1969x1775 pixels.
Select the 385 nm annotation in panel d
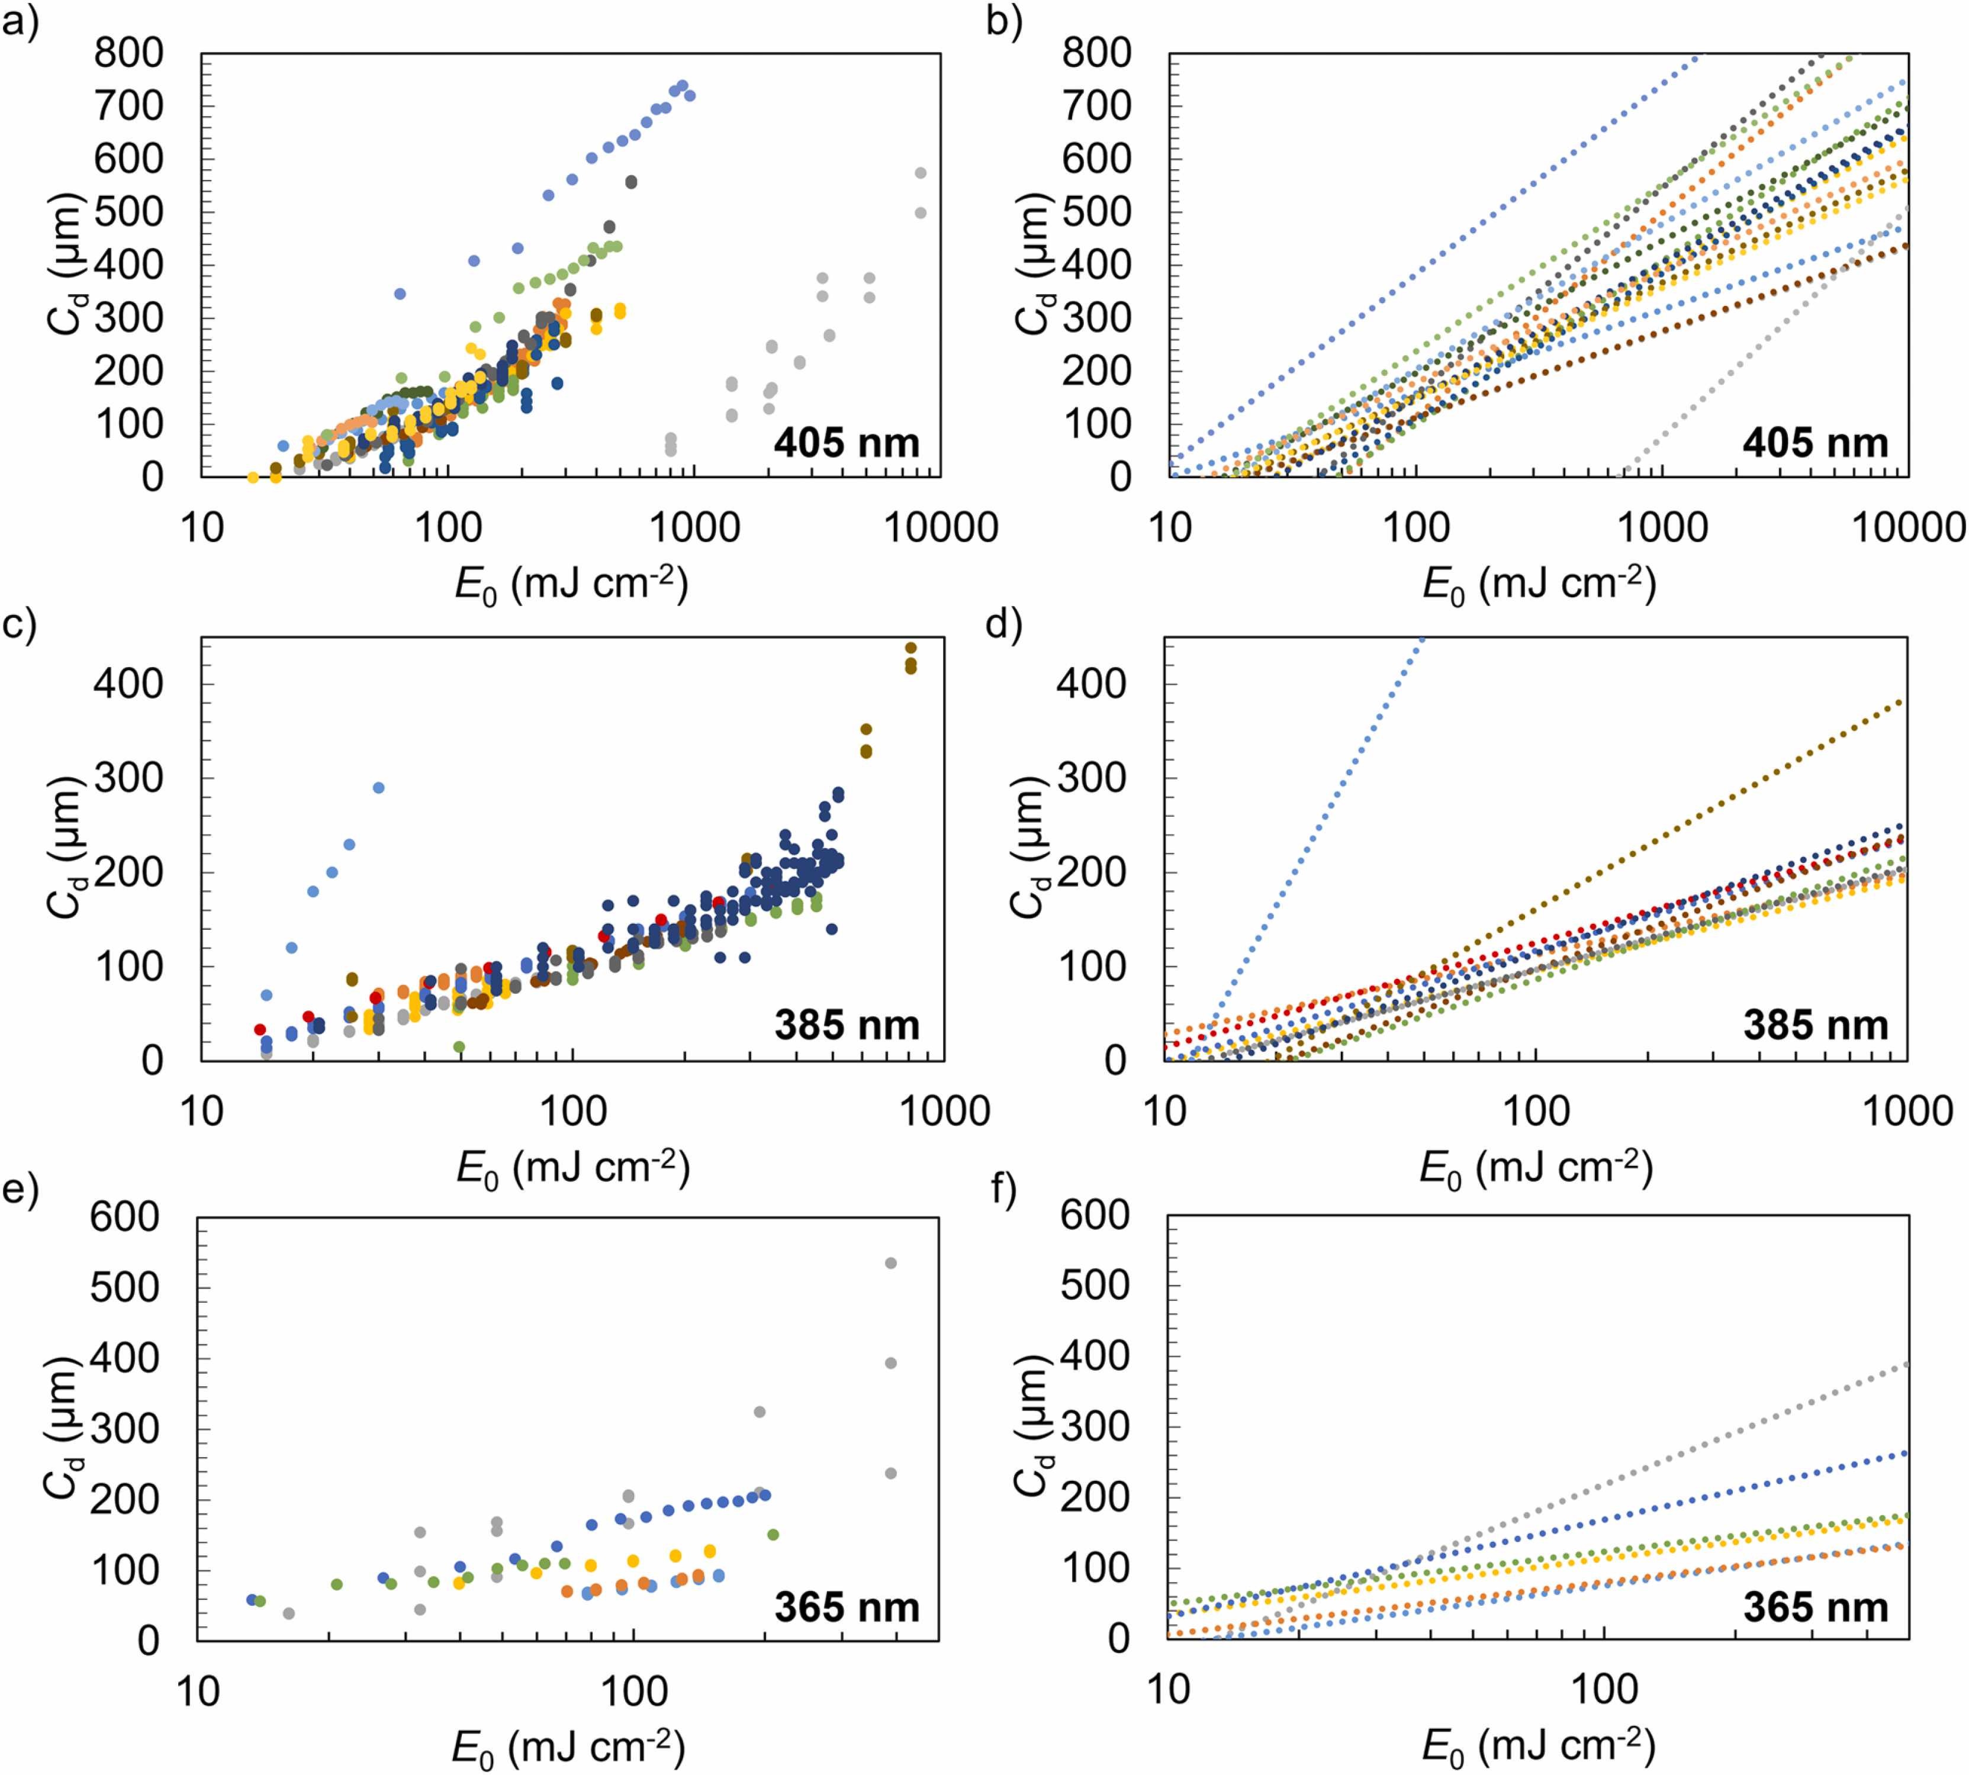coord(1815,1025)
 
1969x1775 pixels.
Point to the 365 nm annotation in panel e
coord(847,1608)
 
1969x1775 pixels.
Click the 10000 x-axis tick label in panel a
coord(940,527)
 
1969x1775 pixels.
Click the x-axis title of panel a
coord(571,585)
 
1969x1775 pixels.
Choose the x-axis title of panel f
coord(1538,1746)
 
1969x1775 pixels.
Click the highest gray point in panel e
coord(889,1263)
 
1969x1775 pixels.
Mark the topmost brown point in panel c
coord(911,647)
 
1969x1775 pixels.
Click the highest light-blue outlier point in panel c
coord(378,788)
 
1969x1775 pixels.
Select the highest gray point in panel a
coord(919,173)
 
